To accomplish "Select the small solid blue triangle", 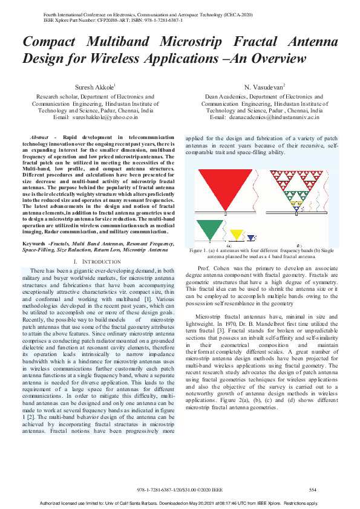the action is (x=251, y=238).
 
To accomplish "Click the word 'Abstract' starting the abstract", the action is (x=39, y=138).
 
